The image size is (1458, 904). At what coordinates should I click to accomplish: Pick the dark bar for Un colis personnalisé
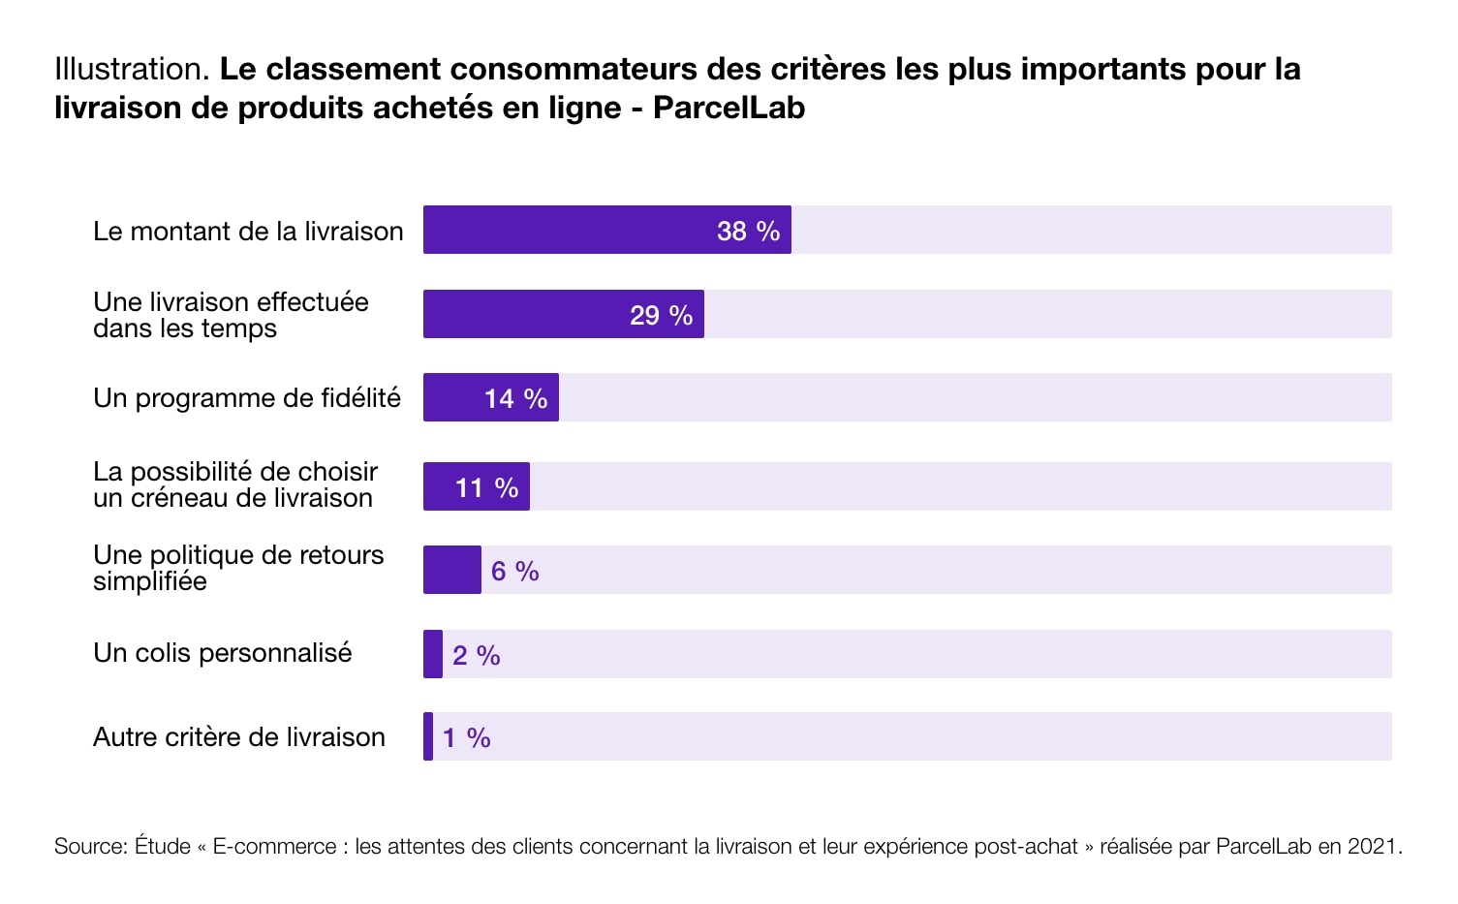pos(433,654)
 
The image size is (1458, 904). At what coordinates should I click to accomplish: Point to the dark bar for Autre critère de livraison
pos(428,736)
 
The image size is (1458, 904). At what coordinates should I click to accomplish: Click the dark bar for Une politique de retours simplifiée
pos(452,570)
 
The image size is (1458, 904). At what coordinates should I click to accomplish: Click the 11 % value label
pos(487,487)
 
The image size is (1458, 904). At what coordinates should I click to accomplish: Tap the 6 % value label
pos(514,571)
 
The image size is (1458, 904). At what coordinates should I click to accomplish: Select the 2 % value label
pos(476,655)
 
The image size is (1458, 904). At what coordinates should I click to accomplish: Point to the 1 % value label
pos(466,738)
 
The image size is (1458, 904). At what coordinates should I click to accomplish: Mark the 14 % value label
pos(515,398)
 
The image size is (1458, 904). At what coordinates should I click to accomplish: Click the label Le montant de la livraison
pos(248,232)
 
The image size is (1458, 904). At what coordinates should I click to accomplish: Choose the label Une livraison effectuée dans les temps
pos(231,315)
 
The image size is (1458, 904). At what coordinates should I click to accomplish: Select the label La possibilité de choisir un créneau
pos(234,484)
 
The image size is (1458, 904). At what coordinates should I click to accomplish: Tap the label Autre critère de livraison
pos(239,737)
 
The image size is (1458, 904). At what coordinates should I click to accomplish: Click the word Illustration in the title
pos(132,69)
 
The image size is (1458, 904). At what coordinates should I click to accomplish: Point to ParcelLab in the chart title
pos(729,108)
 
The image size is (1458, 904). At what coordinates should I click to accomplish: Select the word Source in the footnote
pos(89,846)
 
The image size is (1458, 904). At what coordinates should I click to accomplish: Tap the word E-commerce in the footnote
pos(274,846)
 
